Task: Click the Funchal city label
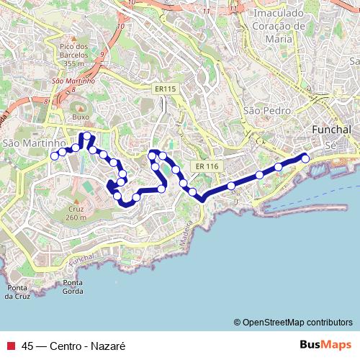click(333, 129)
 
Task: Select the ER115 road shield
click(165, 88)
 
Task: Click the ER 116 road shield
click(205, 166)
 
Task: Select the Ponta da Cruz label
click(17, 291)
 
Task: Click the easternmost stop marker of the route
click(305, 158)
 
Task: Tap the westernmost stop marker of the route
click(54, 156)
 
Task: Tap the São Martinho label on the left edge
click(24, 143)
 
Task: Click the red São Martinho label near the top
click(73, 81)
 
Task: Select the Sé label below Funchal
click(331, 145)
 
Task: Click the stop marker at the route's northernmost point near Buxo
click(87, 136)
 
